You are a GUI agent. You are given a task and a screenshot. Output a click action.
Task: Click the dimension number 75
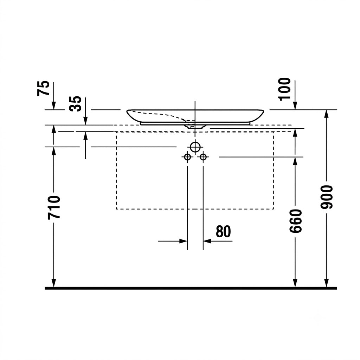(x=43, y=88)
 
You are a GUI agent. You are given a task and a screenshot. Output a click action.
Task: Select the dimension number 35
(x=75, y=104)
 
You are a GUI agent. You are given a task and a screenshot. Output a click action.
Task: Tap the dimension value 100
(x=284, y=89)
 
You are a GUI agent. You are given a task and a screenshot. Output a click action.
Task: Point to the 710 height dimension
(x=54, y=207)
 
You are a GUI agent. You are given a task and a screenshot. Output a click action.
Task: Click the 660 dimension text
(x=295, y=221)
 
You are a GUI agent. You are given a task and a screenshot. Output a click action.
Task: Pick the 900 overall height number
(x=327, y=197)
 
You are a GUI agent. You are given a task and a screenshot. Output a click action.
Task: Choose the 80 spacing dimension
(x=223, y=231)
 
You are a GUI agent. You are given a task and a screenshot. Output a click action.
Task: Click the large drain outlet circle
(x=195, y=147)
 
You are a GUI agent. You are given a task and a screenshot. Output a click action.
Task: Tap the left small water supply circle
(x=187, y=157)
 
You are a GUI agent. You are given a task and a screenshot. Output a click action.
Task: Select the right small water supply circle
(x=203, y=157)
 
